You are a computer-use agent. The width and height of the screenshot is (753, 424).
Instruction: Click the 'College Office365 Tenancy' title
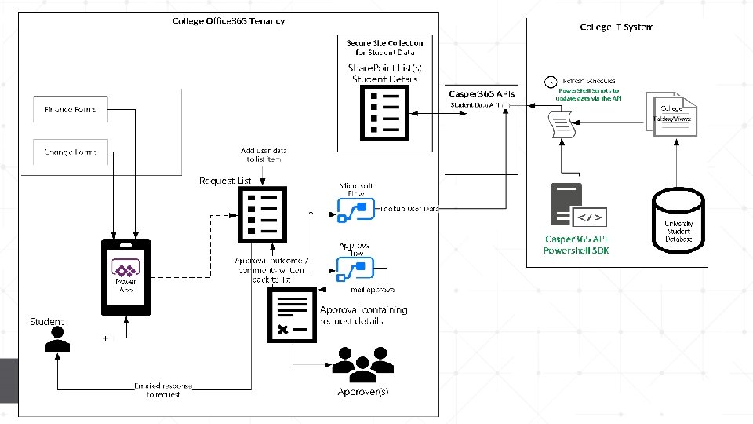click(228, 21)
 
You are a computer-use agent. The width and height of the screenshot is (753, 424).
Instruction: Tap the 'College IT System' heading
click(617, 27)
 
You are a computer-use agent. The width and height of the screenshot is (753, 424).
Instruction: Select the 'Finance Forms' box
click(71, 110)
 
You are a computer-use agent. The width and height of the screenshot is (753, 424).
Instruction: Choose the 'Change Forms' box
click(71, 152)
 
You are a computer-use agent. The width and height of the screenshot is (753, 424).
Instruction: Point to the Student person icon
click(56, 340)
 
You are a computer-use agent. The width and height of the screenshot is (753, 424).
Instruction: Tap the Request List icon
click(262, 214)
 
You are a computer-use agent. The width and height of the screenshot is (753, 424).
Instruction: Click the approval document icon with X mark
click(292, 315)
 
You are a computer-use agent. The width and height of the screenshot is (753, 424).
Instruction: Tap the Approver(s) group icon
click(362, 364)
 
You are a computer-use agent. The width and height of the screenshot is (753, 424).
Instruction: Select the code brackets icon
click(590, 217)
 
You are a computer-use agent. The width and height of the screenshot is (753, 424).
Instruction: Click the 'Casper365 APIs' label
click(482, 93)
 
